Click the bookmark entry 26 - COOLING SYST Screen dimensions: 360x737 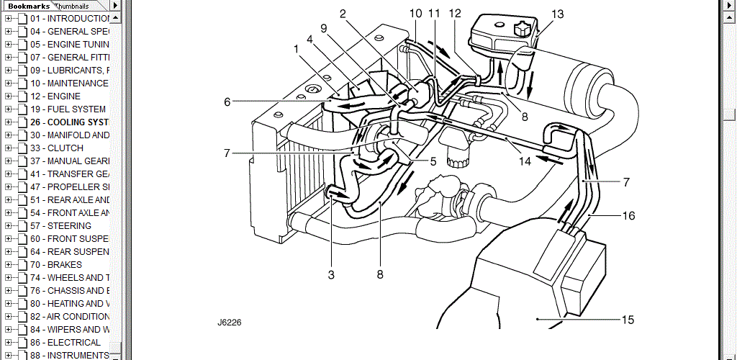(69, 122)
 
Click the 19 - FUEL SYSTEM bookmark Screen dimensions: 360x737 (68, 109)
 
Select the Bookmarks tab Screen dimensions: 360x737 (28, 6)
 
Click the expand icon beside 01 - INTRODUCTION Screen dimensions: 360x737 (9, 18)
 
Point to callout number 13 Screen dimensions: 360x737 (559, 14)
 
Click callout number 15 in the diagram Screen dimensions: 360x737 (627, 320)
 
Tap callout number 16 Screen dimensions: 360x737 (628, 215)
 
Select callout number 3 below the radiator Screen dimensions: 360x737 (331, 274)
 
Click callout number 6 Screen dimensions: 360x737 (227, 102)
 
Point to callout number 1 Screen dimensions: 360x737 (296, 48)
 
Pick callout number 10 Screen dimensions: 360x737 (416, 13)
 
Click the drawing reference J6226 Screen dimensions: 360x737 (229, 323)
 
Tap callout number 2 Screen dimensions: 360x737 (343, 13)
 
